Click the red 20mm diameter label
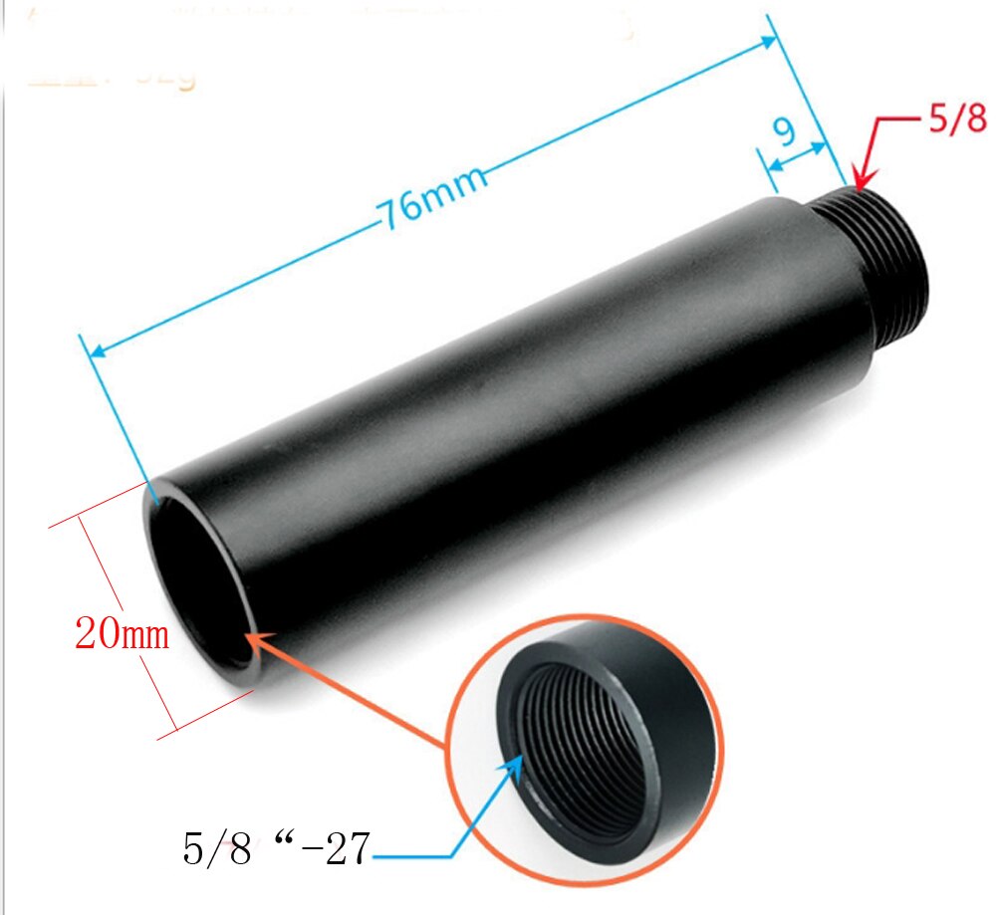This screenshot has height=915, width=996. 123,633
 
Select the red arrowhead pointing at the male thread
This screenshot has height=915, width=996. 860,180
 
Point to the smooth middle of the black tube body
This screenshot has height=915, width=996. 518,418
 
